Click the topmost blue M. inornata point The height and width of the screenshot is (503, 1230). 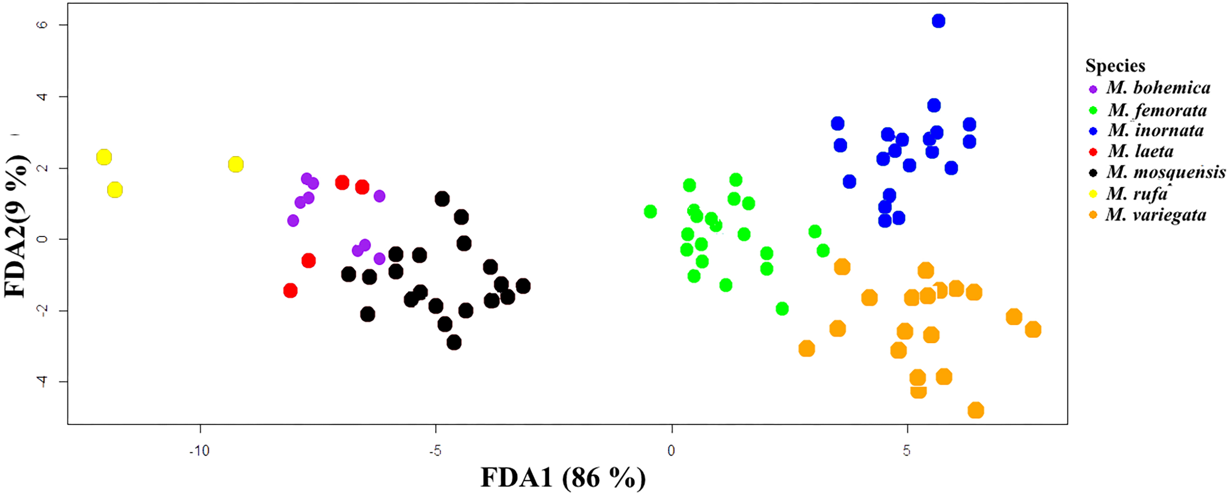click(x=938, y=21)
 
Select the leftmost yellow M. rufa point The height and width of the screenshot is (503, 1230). click(x=104, y=157)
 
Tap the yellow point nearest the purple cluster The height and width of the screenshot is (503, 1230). click(x=236, y=165)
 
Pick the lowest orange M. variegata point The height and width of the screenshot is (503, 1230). click(x=976, y=410)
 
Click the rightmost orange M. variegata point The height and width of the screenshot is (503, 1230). click(x=1033, y=330)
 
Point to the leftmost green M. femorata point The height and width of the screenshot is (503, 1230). click(x=650, y=211)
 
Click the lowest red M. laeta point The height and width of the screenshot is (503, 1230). click(x=290, y=290)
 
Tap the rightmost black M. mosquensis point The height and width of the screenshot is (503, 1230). click(x=523, y=286)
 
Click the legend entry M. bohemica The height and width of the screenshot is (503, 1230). click(x=1158, y=88)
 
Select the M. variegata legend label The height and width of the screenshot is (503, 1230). click(x=1156, y=215)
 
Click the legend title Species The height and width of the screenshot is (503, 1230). click(x=1115, y=66)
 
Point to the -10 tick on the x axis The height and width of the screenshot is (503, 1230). click(x=200, y=451)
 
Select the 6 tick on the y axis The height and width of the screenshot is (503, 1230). click(x=43, y=24)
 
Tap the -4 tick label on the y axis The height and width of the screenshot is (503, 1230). click(x=43, y=381)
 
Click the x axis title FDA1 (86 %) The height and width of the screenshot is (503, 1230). click(x=563, y=478)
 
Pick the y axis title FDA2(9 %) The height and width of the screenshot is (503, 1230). click(x=16, y=226)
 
